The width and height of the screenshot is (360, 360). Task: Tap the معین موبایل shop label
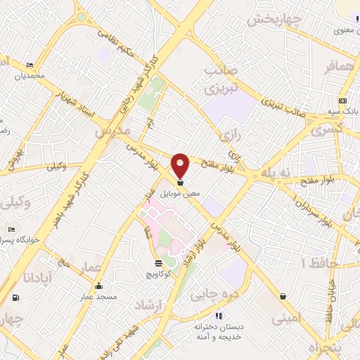[x=181, y=191]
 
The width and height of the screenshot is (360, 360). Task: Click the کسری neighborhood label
[x=328, y=131]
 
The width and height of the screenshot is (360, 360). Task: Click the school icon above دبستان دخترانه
[x=219, y=316]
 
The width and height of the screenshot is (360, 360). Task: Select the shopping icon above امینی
[x=282, y=296]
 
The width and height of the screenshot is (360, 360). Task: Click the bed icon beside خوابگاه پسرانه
[x=11, y=230]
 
